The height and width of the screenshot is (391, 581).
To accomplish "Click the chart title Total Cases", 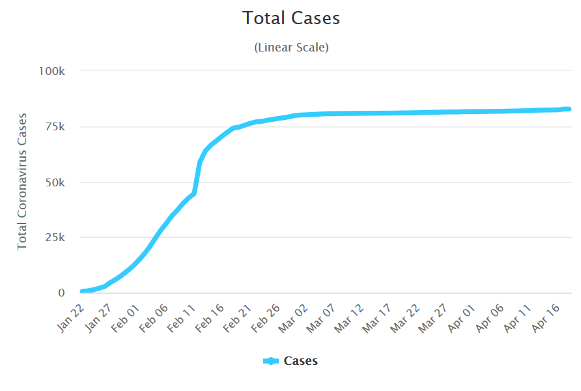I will click(291, 18).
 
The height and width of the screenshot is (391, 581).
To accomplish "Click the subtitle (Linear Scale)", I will click(291, 48).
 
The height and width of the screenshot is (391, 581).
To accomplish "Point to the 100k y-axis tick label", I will click(52, 70).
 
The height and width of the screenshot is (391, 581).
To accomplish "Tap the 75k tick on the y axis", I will click(55, 126).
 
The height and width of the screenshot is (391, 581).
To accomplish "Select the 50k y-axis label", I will click(55, 182).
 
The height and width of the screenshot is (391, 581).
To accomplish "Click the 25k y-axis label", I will click(55, 237).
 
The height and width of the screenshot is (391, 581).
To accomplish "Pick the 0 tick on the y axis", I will click(61, 293).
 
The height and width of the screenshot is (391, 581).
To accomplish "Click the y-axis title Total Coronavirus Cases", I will click(22, 181).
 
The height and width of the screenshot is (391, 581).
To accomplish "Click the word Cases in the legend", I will click(300, 361).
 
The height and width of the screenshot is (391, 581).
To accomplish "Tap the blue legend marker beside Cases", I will click(271, 361).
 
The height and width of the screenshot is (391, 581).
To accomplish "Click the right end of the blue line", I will click(569, 109).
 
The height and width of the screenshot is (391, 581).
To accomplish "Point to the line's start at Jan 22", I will click(81, 291).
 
